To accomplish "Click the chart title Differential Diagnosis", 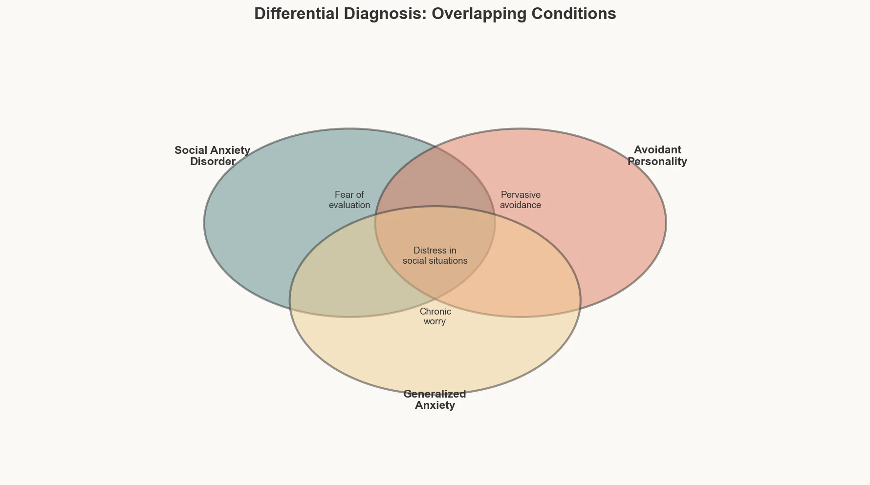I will [435, 14].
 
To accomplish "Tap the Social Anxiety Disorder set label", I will [213, 155].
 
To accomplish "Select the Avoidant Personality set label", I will [657, 155].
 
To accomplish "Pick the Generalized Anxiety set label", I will [435, 399].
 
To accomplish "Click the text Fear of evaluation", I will [349, 200].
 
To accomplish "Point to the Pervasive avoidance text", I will [520, 200].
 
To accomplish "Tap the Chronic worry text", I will [435, 316].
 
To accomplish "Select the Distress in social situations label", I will [435, 255].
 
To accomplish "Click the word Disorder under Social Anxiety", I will [213, 162].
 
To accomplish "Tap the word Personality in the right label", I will [657, 162].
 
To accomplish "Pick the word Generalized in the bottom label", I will [435, 394].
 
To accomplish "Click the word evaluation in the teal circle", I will [349, 205].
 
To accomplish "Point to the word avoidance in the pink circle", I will [520, 205].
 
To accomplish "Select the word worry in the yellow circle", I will [435, 321].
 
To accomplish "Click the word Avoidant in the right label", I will [657, 149].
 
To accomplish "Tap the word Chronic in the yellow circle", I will [435, 312].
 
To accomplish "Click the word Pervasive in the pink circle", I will [520, 195].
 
